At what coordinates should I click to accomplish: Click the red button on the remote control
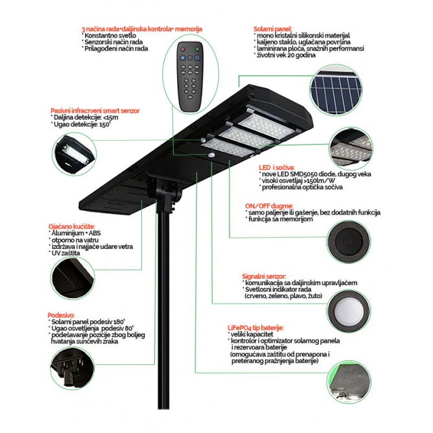[x=183, y=49]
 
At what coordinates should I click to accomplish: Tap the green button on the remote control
[x=197, y=49]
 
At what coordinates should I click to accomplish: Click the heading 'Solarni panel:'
[x=273, y=29]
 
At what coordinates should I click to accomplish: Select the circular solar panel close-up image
[x=336, y=90]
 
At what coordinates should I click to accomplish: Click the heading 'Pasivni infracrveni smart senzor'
[x=95, y=111]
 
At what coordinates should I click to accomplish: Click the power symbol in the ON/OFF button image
[x=347, y=242]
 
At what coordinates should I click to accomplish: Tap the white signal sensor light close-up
[x=349, y=310]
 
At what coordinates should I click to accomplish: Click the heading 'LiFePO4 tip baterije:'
[x=255, y=328]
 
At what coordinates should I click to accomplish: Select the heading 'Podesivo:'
[x=61, y=315]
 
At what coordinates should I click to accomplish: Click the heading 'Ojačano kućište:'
[x=71, y=226]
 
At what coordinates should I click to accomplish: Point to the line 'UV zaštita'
[x=65, y=253]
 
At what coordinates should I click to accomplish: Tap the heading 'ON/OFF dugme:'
[x=269, y=206]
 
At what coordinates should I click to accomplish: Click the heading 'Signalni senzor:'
[x=264, y=276]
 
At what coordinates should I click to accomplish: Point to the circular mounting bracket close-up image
[x=73, y=368]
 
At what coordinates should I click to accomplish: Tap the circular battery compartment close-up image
[x=349, y=382]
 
